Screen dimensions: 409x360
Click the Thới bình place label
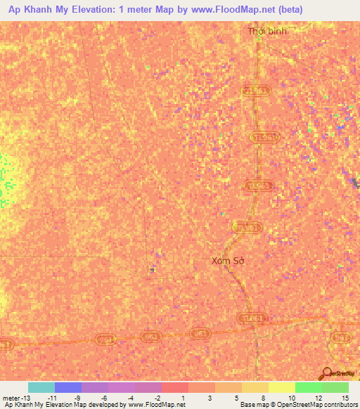coord(267,32)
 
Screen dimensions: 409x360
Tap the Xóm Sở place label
coord(227,260)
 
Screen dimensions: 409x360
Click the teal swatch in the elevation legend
coord(41,387)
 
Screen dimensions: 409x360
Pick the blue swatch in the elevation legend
coord(68,387)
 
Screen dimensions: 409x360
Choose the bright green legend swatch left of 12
coord(309,387)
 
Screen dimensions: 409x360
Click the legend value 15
coord(345,398)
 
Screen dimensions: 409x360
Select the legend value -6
coord(103,398)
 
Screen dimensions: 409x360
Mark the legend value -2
coord(157,398)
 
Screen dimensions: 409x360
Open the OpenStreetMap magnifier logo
coord(327,374)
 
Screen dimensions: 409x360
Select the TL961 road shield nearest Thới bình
coord(256,92)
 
